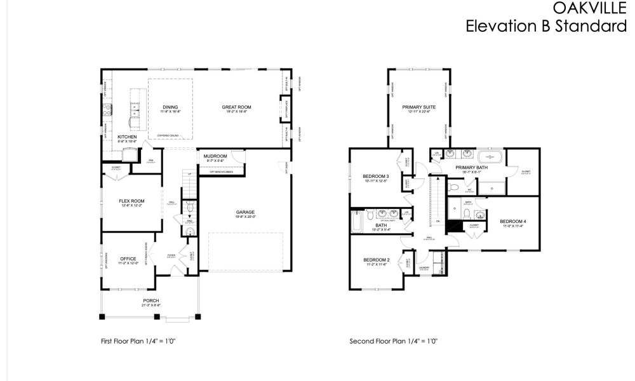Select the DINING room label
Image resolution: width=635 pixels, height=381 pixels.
tap(170, 107)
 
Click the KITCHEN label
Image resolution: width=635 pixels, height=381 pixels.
tap(127, 137)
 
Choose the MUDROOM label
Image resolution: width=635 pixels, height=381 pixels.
tap(215, 156)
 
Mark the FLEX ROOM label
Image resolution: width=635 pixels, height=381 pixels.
tap(132, 201)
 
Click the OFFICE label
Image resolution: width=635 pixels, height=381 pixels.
tap(129, 258)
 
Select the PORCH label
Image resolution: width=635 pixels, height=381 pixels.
tap(150, 300)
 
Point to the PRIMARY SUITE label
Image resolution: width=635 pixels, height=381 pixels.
tap(416, 107)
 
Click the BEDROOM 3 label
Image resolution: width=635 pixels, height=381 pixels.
tap(375, 176)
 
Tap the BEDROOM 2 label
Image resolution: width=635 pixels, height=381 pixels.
tap(376, 260)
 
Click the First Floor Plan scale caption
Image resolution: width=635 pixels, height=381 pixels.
tap(138, 341)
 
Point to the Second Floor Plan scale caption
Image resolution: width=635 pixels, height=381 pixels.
tap(393, 341)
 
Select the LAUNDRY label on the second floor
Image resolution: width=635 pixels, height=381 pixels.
tap(424, 268)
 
